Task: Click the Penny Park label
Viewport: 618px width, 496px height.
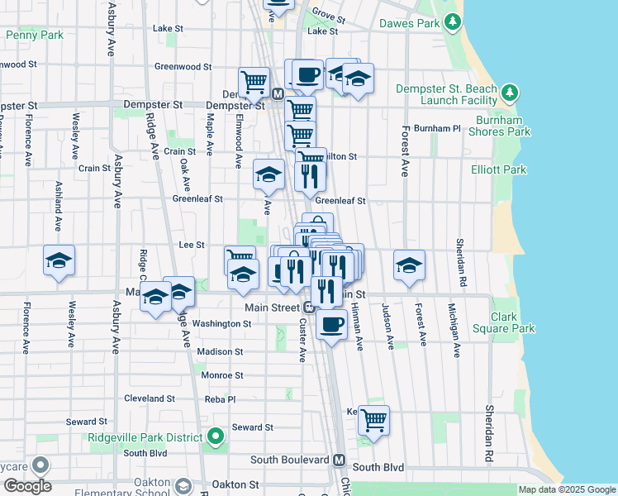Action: pos(34,36)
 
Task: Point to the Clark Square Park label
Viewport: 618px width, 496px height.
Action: pos(503,322)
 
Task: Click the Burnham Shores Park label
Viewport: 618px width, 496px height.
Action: pos(499,126)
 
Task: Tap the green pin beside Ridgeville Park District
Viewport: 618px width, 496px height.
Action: pos(216,436)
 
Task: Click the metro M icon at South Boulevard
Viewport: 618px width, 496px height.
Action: pos(339,460)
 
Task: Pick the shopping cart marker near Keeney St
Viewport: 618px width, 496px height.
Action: pos(374,420)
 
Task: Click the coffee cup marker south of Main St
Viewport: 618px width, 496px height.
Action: pos(331,324)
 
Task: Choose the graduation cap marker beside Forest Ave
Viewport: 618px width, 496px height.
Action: pos(409,265)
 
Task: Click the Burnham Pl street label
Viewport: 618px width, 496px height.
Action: pos(437,128)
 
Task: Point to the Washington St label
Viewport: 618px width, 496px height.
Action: pos(221,324)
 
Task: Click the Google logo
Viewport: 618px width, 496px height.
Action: pos(27,486)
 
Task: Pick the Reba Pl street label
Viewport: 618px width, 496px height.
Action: pos(220,398)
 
